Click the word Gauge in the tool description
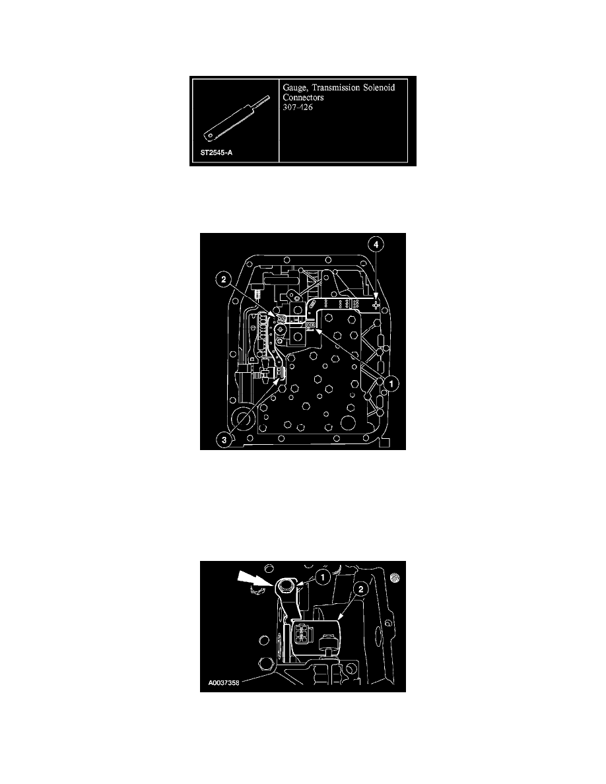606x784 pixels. point(295,88)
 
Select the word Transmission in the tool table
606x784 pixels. point(335,88)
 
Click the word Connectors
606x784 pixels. point(304,98)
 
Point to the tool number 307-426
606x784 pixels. point(298,107)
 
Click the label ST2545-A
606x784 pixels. point(217,152)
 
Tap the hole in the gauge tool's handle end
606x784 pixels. point(209,134)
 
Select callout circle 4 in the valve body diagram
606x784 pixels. point(376,244)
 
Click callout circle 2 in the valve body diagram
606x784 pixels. point(224,279)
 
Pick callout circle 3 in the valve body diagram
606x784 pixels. point(224,440)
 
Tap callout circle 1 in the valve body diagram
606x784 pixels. point(391,383)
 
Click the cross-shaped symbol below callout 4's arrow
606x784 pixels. point(376,304)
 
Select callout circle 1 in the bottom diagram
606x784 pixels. point(323,577)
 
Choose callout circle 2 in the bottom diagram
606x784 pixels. point(360,589)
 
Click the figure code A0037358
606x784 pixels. point(224,682)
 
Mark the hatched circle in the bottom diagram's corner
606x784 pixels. point(396,577)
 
